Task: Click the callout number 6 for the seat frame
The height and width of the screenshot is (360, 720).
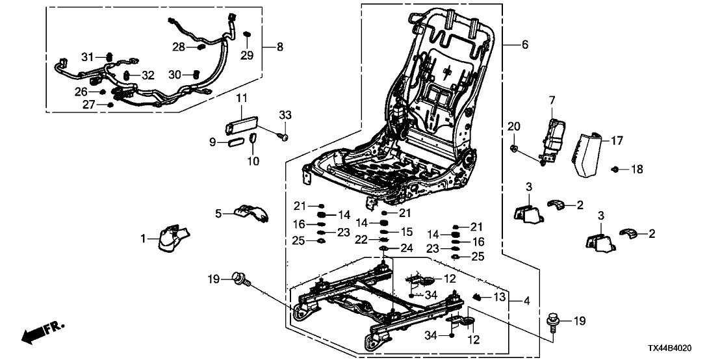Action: point(524,45)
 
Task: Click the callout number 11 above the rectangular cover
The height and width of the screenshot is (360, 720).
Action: point(242,98)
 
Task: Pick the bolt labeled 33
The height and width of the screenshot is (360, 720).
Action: point(283,138)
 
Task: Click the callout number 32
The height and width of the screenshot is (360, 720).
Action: point(148,75)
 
